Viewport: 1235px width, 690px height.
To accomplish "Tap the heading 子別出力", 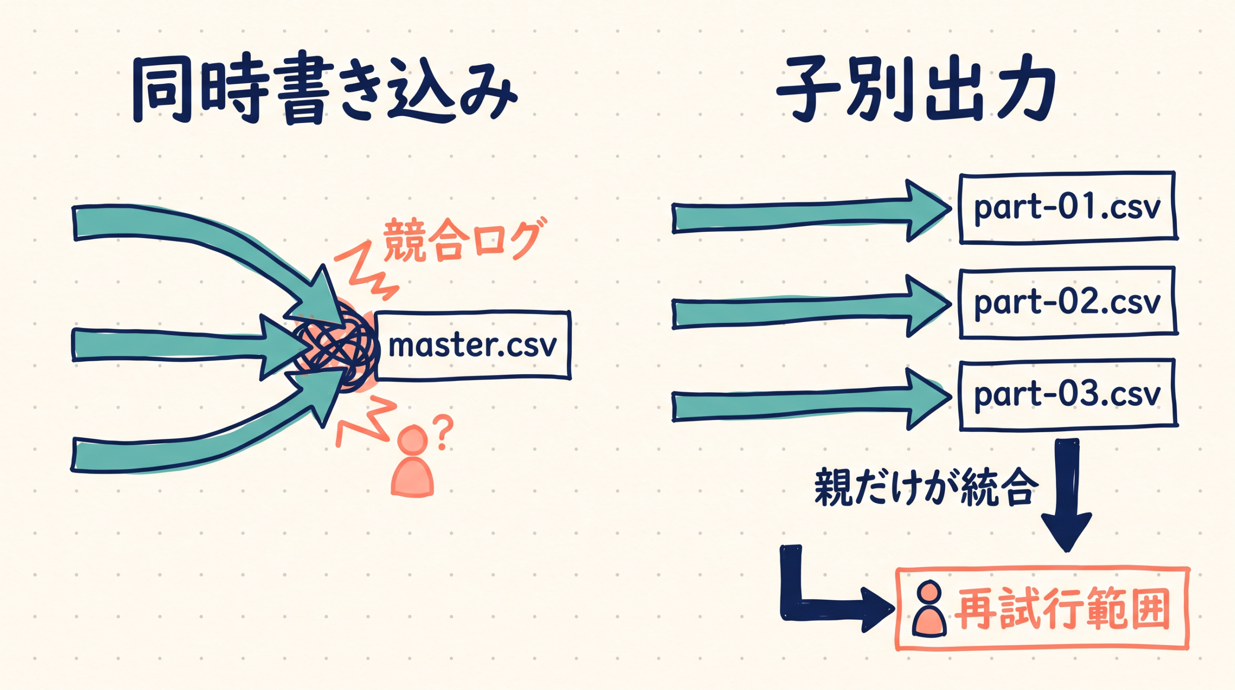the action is coord(917,92).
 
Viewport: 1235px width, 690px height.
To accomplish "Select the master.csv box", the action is coord(473,345).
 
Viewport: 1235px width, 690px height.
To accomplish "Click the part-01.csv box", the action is coord(1068,208).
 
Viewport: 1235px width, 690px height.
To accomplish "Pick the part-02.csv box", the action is coord(1068,302).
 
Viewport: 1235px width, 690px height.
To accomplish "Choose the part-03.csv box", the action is coord(1068,394).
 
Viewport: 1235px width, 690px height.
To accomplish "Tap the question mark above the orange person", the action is coord(443,431).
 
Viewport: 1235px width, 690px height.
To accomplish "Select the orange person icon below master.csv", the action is coord(412,461).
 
